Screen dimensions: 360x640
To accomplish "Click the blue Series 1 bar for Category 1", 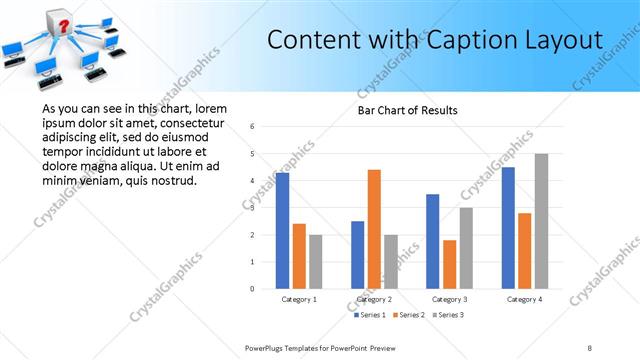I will [282, 231].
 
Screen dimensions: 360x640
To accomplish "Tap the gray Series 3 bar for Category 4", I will [541, 221].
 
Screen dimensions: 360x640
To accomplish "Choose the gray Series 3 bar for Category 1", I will [316, 262].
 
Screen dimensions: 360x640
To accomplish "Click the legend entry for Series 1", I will [371, 315].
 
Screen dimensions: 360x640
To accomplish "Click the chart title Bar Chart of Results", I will [407, 110].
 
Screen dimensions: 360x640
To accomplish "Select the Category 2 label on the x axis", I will [374, 299].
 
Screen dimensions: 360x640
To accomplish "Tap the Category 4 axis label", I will [524, 299].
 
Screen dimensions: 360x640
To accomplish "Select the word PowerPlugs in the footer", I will [268, 347].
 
